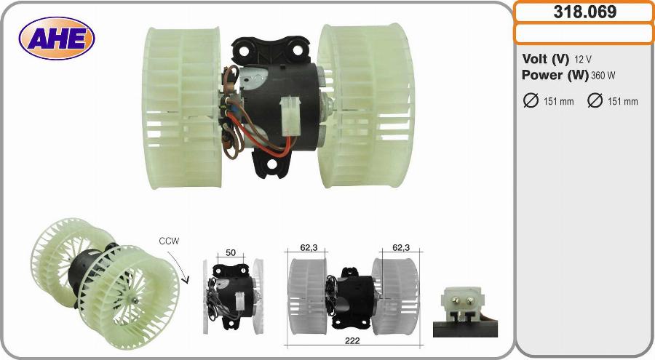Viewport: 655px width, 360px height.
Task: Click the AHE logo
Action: click(x=57, y=39)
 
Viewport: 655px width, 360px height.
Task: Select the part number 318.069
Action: click(x=584, y=12)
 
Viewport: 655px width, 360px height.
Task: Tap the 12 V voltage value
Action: click(x=583, y=60)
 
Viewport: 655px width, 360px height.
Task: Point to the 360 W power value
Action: click(x=603, y=76)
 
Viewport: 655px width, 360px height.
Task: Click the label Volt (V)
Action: click(x=545, y=59)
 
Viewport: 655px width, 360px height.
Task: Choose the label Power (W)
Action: click(x=555, y=75)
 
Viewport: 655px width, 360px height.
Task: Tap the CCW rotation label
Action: click(x=169, y=241)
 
